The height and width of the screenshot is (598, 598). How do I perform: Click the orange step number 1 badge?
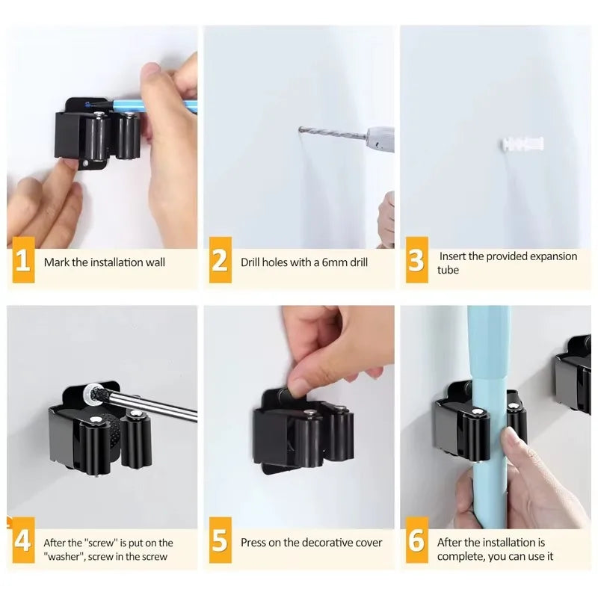click(x=23, y=262)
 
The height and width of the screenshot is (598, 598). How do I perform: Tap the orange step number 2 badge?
click(x=220, y=262)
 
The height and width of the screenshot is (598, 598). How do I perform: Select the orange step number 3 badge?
click(x=416, y=262)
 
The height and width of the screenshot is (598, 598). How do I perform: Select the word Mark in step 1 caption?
click(x=56, y=262)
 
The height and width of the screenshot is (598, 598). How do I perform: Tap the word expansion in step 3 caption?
click(x=553, y=256)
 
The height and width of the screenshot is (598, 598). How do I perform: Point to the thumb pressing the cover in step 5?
click(x=299, y=386)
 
